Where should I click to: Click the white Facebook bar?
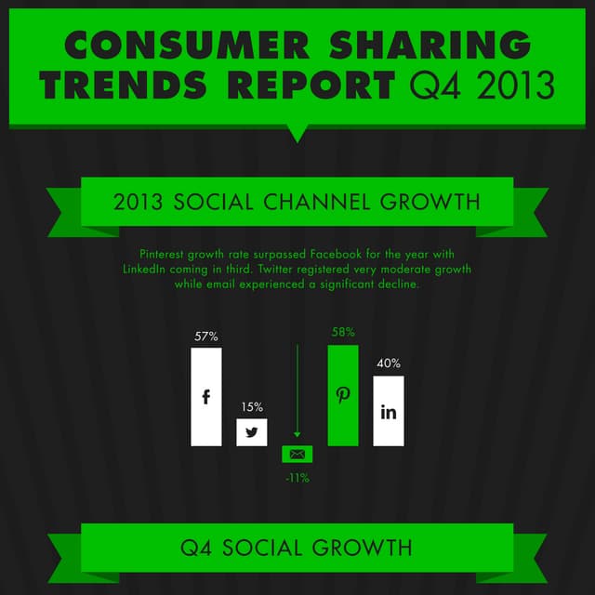click(x=206, y=397)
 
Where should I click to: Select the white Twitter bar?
click(x=251, y=432)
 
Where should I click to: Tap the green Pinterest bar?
click(x=343, y=395)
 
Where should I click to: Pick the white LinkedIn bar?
click(x=389, y=411)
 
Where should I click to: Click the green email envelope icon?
click(x=297, y=455)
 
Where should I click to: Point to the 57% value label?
click(x=206, y=336)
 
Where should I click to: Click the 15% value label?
click(x=252, y=407)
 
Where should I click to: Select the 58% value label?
click(x=343, y=332)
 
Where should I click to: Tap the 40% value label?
click(x=389, y=364)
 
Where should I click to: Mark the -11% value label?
click(x=297, y=478)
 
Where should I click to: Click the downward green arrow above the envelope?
click(x=297, y=390)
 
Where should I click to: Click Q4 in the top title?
click(x=433, y=86)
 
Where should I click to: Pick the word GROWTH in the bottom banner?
click(x=361, y=547)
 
